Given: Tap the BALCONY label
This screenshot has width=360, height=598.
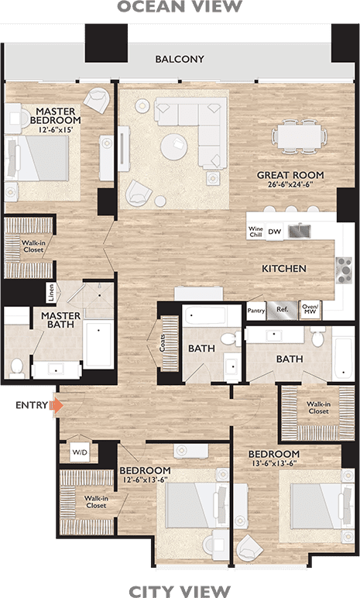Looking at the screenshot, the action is pyautogui.click(x=180, y=59).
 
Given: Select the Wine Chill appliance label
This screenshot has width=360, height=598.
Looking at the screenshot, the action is pyautogui.click(x=255, y=232).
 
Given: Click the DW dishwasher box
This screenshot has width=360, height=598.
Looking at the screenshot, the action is pyautogui.click(x=274, y=232).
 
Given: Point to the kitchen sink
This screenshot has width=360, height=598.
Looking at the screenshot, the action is pyautogui.click(x=300, y=231).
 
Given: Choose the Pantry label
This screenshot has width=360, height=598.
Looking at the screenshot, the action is pyautogui.click(x=256, y=311).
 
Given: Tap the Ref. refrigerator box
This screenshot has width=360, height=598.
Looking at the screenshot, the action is pyautogui.click(x=283, y=310).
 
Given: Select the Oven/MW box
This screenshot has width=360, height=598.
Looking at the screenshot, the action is pyautogui.click(x=310, y=309).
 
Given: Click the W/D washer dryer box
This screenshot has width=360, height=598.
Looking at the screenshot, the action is pyautogui.click(x=80, y=452).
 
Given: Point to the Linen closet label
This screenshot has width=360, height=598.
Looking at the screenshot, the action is pyautogui.click(x=51, y=293).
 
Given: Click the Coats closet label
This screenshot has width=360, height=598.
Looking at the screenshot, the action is pyautogui.click(x=163, y=343).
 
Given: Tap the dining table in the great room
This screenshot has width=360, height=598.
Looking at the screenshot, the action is pyautogui.click(x=299, y=136).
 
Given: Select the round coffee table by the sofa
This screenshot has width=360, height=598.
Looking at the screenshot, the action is pyautogui.click(x=174, y=146).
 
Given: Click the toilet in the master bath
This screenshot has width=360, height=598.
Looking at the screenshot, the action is pyautogui.click(x=17, y=368).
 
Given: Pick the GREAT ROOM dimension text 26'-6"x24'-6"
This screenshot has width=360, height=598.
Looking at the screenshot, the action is pyautogui.click(x=290, y=184).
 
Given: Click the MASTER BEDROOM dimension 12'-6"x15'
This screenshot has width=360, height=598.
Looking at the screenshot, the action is pyautogui.click(x=56, y=129).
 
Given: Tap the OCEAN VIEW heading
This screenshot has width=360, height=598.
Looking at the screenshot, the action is pyautogui.click(x=180, y=7).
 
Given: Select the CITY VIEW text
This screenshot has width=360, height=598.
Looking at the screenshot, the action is pyautogui.click(x=180, y=591).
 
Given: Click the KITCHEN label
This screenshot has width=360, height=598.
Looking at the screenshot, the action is pyautogui.click(x=284, y=269).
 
